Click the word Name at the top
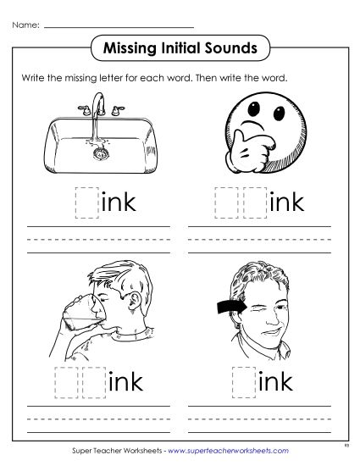tap(24, 25)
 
